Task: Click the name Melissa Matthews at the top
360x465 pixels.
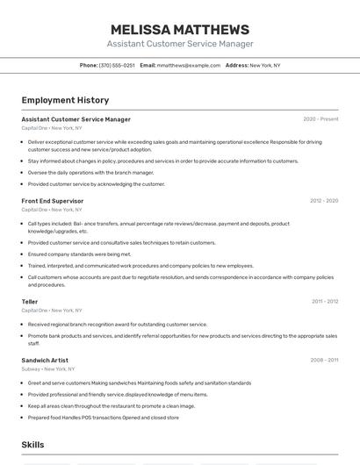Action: (180, 29)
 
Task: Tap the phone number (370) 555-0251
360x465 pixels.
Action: (117, 66)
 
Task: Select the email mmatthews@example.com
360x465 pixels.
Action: (189, 66)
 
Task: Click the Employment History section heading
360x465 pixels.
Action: (65, 100)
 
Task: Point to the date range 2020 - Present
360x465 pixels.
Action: (320, 119)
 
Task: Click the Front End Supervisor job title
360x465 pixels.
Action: (53, 201)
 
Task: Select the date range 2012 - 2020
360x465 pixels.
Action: (323, 201)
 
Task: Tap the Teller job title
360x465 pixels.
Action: (30, 302)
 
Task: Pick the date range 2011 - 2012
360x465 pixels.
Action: (325, 302)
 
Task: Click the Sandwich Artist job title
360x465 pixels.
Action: (45, 361)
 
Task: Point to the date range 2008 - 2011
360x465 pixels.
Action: (324, 361)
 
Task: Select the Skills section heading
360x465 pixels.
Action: (32, 445)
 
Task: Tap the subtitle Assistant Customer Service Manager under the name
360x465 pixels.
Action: (180, 44)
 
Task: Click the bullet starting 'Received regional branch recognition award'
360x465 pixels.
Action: (118, 325)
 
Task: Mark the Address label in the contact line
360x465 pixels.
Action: (237, 66)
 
